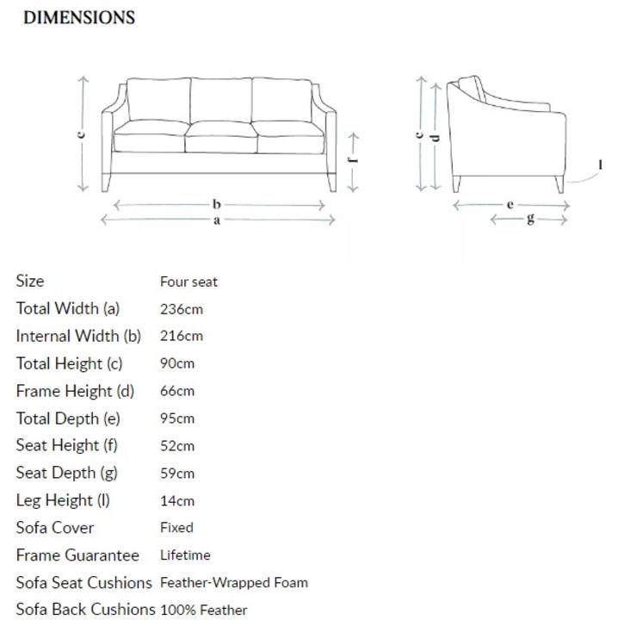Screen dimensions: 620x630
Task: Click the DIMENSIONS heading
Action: click(78, 17)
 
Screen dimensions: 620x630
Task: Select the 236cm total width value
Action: click(182, 308)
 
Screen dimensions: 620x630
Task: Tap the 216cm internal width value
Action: click(182, 336)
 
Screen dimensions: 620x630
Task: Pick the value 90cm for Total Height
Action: click(177, 363)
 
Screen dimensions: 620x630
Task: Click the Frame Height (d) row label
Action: click(76, 391)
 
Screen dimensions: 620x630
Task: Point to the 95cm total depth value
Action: click(177, 418)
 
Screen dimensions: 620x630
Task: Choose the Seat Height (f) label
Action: click(66, 446)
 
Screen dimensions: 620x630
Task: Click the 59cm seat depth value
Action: click(177, 474)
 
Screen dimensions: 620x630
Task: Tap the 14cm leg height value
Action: click(177, 501)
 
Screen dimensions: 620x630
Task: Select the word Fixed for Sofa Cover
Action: click(176, 528)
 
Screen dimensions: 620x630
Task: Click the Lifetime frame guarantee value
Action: click(185, 555)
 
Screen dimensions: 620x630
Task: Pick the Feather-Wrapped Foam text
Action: click(234, 583)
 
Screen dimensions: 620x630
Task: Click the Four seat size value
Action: click(188, 282)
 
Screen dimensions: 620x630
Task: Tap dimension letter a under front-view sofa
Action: click(218, 220)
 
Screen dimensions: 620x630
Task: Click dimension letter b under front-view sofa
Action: click(218, 205)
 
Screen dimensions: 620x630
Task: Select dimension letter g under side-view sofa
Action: click(529, 220)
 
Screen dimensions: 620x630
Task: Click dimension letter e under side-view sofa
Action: click(510, 205)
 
